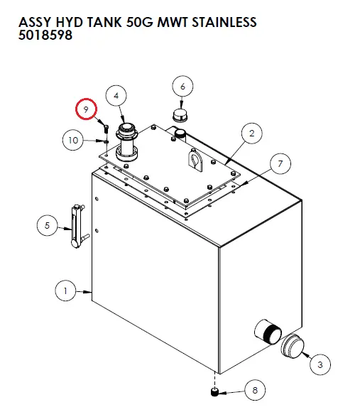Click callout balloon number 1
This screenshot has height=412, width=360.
(x=65, y=290)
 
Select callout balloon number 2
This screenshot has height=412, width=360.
(x=251, y=132)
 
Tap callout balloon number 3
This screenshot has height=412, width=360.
(x=320, y=364)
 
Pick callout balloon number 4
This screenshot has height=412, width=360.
(x=116, y=95)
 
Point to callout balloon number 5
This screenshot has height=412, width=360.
(x=47, y=226)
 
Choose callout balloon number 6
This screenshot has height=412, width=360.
(x=182, y=87)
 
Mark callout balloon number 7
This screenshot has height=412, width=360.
(x=280, y=165)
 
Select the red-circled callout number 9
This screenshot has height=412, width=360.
(x=87, y=109)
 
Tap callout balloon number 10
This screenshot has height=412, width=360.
(x=73, y=140)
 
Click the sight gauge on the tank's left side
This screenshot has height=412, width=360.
(x=75, y=226)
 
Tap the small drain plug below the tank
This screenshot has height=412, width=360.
(x=214, y=391)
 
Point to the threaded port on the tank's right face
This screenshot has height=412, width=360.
(x=268, y=331)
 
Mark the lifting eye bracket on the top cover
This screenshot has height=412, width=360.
(x=195, y=159)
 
